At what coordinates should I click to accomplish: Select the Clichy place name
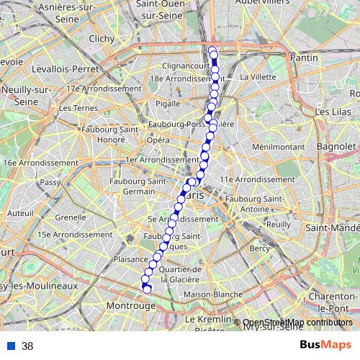click(103, 39)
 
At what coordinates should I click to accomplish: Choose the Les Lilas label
click(332, 112)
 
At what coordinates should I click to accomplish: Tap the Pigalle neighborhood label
click(168, 104)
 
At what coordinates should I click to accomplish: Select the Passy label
click(50, 183)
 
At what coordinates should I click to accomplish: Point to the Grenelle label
click(70, 217)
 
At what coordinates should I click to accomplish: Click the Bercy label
click(258, 248)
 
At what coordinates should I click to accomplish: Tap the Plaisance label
click(130, 258)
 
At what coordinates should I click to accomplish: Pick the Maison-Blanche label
click(212, 294)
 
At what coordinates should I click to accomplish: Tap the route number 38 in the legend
click(27, 346)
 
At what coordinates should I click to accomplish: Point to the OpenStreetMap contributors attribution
click(297, 323)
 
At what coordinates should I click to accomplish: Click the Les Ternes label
click(74, 108)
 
